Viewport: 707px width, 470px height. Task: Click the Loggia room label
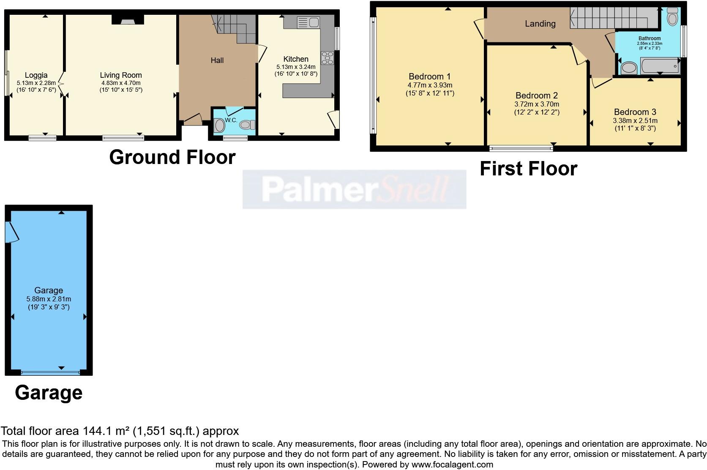point(36,75)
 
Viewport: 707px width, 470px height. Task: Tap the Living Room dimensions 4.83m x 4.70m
point(120,83)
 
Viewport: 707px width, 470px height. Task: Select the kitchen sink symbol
point(308,22)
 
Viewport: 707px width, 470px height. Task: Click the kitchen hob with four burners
point(327,58)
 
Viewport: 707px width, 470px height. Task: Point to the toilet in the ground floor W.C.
point(247,125)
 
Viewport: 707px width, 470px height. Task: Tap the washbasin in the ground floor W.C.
point(220,125)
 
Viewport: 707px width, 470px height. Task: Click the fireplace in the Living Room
point(127,19)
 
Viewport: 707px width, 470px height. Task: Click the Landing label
point(540,24)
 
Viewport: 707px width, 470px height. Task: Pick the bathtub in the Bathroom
point(660,66)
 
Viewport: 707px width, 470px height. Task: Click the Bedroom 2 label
point(536,96)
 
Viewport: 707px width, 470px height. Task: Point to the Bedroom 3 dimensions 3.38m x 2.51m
point(635,120)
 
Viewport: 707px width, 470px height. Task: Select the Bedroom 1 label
point(429,77)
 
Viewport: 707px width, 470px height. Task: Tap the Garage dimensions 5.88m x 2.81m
point(48,299)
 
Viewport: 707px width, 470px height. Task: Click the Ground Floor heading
point(172,157)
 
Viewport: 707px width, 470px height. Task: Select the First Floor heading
point(528,169)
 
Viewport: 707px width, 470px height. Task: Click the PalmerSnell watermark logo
point(354,189)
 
